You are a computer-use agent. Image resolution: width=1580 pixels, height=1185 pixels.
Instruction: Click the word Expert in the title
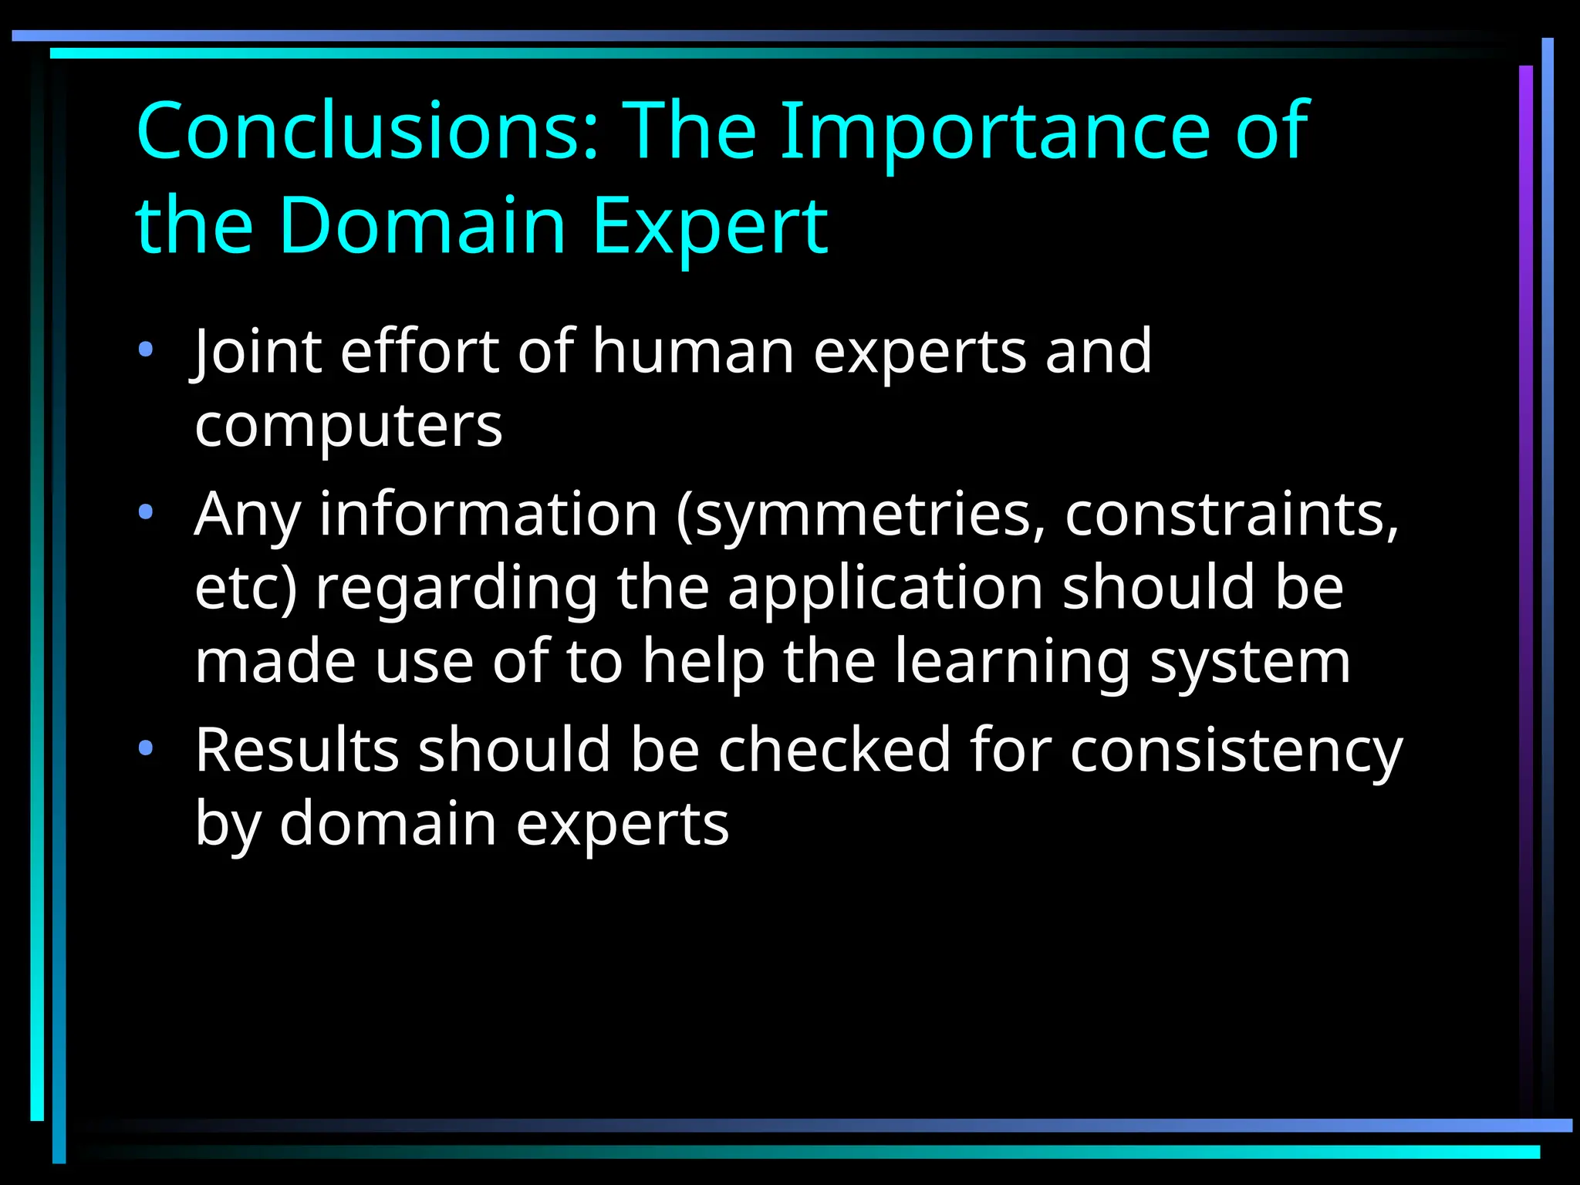click(x=710, y=225)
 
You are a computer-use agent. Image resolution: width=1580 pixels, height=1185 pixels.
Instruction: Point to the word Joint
click(x=257, y=352)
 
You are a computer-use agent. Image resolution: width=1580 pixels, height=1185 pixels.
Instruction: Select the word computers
click(x=349, y=426)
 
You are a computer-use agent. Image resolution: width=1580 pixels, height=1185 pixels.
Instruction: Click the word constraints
click(x=1231, y=514)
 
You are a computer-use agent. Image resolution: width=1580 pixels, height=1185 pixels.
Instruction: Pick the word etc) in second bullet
click(x=245, y=588)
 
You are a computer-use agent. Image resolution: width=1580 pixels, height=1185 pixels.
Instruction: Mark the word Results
click(x=297, y=750)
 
